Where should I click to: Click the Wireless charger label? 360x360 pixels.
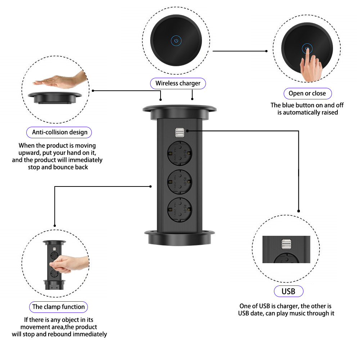click(178, 84)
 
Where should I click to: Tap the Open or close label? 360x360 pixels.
click(307, 94)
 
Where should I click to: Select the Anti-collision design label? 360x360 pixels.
click(59, 132)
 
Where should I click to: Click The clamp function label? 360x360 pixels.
click(58, 307)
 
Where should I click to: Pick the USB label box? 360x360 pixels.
click(288, 291)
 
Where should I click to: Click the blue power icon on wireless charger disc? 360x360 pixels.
click(176, 41)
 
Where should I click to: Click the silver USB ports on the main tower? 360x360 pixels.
click(180, 133)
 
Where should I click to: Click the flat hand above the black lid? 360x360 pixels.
click(61, 81)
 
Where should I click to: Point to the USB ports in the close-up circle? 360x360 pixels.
click(286, 245)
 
